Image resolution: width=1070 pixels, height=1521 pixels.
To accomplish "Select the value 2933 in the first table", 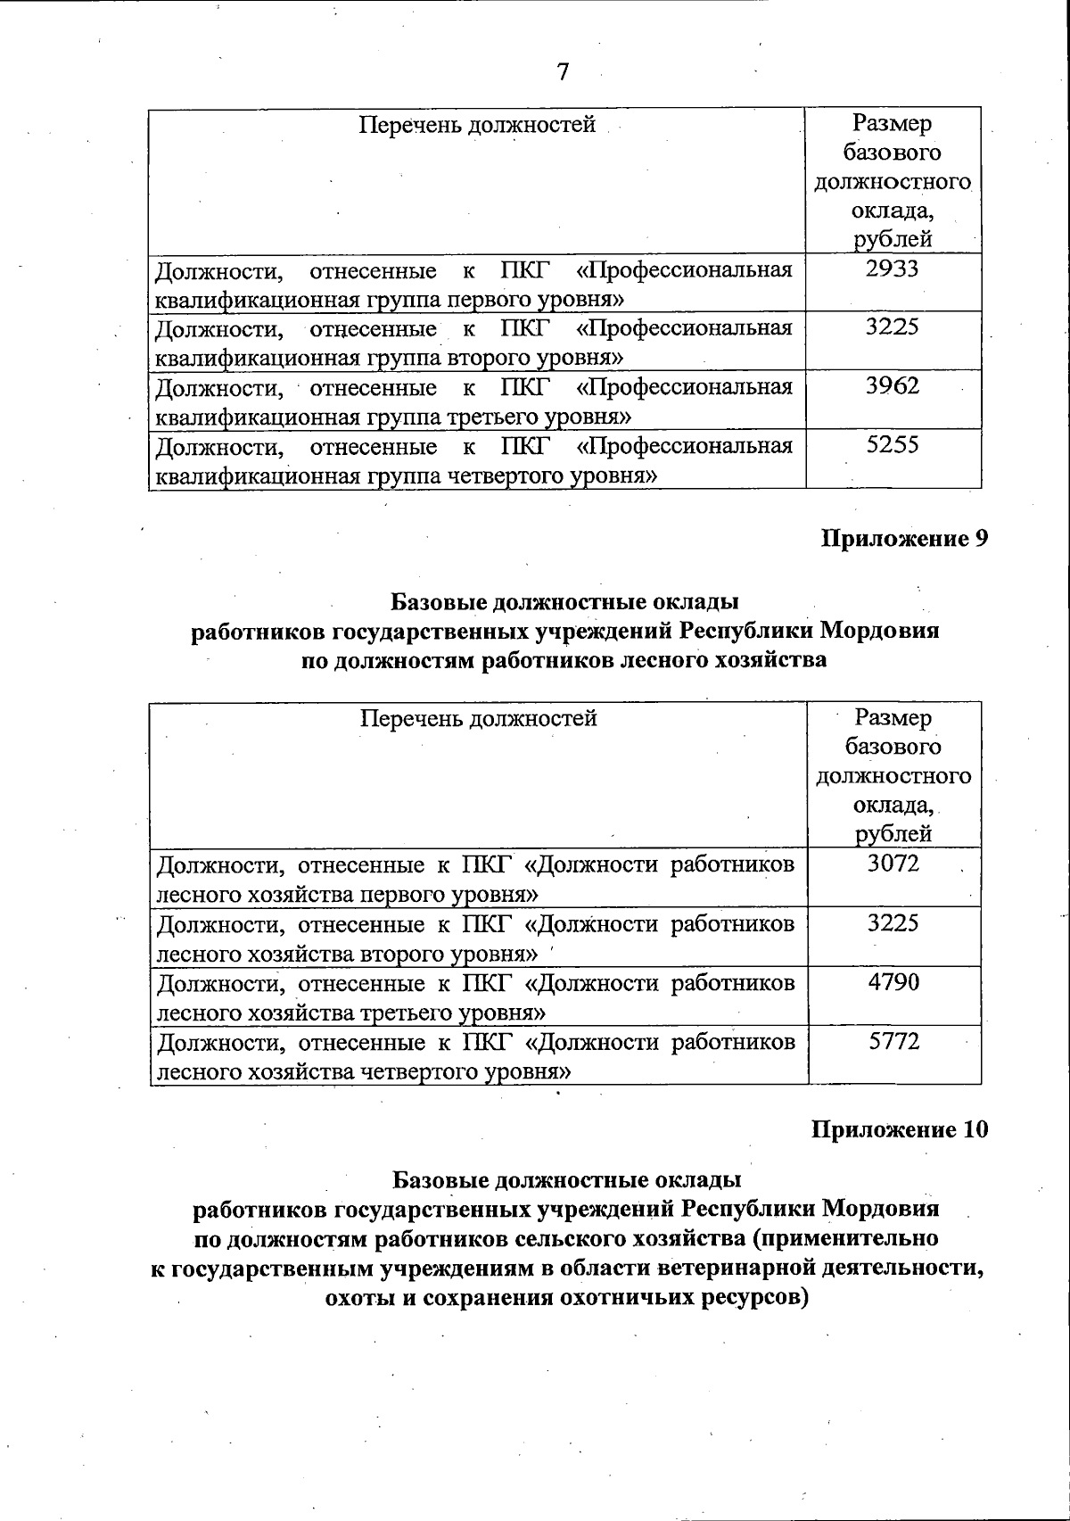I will [893, 269].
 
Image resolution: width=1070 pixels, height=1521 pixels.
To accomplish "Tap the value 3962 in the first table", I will [893, 386].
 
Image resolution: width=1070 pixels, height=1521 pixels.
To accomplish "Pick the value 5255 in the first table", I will [893, 445].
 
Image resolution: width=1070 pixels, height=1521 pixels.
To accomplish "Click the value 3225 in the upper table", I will [893, 327].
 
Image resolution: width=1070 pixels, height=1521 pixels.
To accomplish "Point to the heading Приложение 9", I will [904, 540].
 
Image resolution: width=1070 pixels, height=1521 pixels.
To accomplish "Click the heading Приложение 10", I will [900, 1130].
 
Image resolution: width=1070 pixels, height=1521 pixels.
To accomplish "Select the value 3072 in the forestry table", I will [893, 864].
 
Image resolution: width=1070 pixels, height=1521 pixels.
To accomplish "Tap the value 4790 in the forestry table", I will [893, 982].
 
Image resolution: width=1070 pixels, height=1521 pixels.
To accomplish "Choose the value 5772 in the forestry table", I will [893, 1041].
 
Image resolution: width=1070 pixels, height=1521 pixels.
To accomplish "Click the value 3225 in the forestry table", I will [893, 922].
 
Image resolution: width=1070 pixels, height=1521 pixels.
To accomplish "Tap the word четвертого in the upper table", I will [522, 475].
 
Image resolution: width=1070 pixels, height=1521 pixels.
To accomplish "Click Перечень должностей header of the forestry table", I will [478, 718].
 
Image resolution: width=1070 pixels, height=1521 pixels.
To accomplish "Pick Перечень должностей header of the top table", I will [477, 124].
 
